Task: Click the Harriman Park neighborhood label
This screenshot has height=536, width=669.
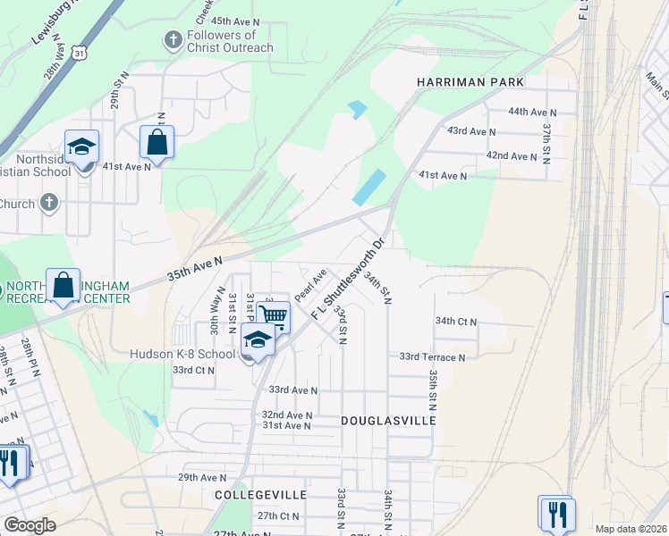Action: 470,82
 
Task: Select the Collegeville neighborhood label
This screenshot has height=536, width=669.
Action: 260,494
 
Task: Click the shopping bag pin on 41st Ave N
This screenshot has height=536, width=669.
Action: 157,143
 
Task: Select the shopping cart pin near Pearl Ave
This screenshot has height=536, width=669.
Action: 273,315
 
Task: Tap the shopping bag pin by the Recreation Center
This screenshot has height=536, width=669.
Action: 64,287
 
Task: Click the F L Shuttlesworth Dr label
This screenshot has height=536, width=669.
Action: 348,279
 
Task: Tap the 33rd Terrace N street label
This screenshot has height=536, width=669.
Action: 432,356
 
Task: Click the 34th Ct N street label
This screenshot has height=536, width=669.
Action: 456,321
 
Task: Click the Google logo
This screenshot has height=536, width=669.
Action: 30,525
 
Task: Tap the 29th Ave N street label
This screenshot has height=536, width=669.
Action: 200,478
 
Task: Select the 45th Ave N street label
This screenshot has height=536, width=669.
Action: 235,20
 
